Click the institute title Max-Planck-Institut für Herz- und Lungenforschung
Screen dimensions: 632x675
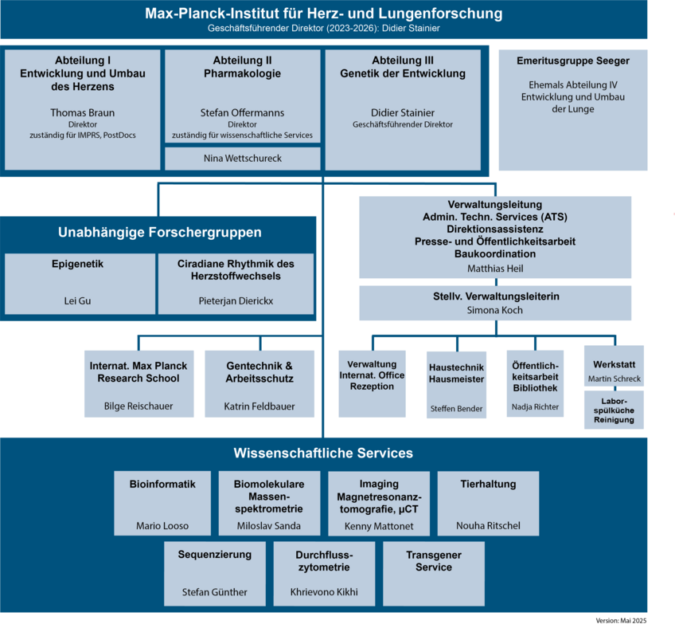tap(323, 14)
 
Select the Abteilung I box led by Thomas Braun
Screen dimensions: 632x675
tap(82, 109)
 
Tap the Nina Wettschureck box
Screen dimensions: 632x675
tap(242, 159)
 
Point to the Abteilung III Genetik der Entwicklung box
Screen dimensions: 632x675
tap(403, 109)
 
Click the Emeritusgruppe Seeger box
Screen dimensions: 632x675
tap(572, 109)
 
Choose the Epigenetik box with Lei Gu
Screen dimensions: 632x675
tap(80, 283)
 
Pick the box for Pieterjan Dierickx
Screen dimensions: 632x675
tap(236, 283)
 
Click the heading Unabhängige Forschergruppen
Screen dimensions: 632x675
tap(159, 233)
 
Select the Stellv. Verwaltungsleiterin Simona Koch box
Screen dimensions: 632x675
tap(494, 303)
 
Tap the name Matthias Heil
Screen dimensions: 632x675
tap(494, 269)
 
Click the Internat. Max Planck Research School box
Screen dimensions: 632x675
tap(139, 383)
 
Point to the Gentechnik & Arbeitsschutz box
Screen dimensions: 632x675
tap(259, 383)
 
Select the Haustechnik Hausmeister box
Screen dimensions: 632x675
tap(456, 383)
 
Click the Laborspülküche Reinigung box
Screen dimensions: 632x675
tap(614, 410)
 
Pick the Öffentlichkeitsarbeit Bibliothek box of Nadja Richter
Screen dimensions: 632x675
tap(535, 383)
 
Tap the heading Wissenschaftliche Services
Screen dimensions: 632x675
tap(323, 453)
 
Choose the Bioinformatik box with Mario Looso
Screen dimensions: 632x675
tap(162, 503)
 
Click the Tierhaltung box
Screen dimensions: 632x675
tap(488, 503)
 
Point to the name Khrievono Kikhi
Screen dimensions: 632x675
tap(324, 592)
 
